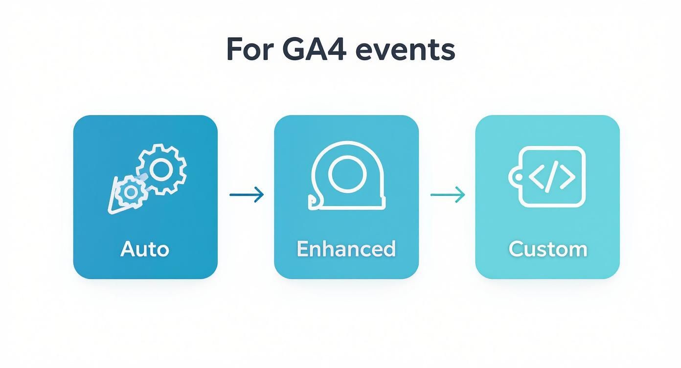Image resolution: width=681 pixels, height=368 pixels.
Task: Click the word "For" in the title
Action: (250, 49)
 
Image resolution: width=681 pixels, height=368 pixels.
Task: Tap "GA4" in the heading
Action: (315, 49)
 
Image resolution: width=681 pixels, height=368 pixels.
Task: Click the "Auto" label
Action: (145, 249)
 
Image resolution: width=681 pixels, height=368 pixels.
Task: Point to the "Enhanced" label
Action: (346, 249)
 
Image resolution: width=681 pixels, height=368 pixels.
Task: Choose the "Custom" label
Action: (547, 249)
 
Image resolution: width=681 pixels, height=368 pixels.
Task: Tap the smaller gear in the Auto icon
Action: (130, 192)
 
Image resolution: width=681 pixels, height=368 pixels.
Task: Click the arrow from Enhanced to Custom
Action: (447, 195)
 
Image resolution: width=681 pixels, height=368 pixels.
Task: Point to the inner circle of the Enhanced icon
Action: (347, 174)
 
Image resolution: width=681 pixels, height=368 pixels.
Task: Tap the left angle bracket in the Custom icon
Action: (537, 177)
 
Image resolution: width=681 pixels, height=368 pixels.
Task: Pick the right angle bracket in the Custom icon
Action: (567, 177)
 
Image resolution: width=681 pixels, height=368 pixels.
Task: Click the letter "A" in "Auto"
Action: (127, 249)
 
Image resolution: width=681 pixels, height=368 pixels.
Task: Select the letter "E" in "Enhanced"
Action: (303, 249)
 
